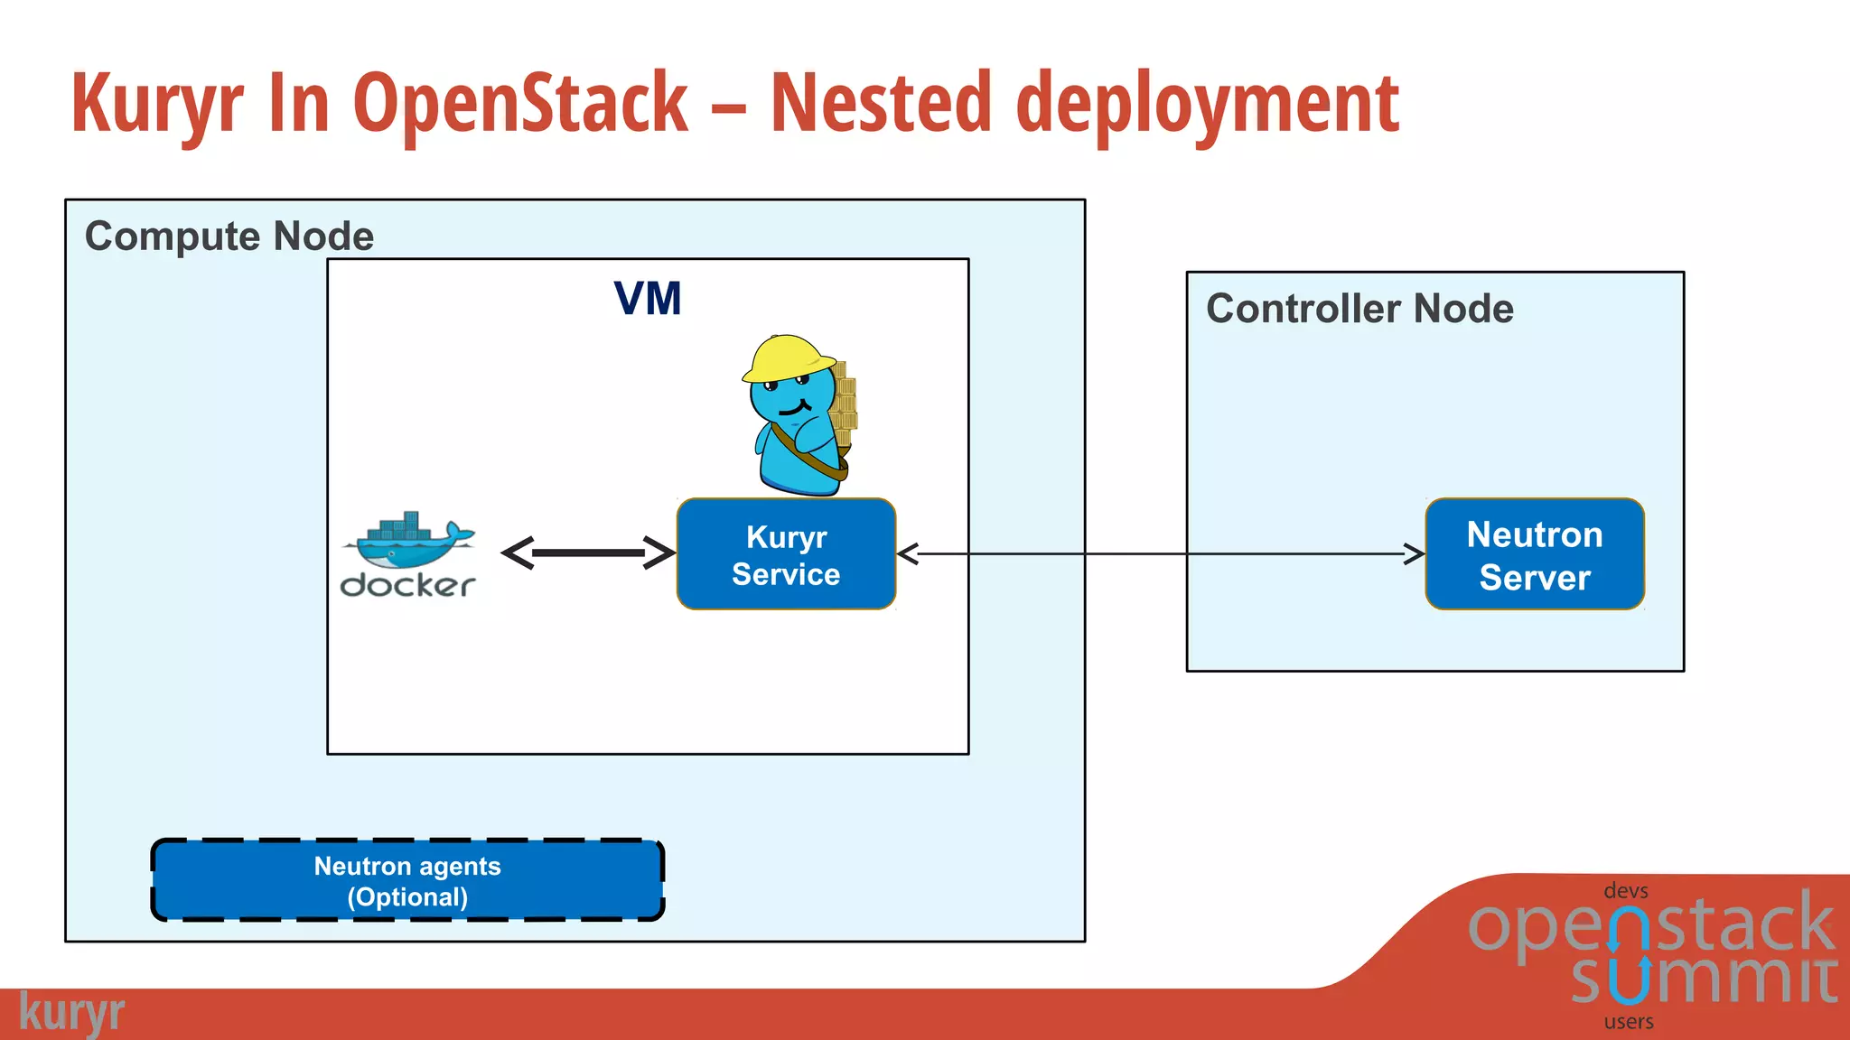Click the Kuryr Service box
click(786, 554)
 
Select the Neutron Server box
click(1534, 554)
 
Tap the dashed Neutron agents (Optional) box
click(407, 880)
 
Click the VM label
click(647, 299)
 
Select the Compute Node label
click(229, 237)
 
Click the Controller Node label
click(1359, 309)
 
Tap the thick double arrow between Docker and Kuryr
click(588, 552)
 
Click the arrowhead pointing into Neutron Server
click(1415, 553)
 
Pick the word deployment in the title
click(1207, 105)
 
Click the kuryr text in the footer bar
click(71, 1013)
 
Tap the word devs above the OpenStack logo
click(1626, 891)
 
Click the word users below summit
click(1629, 1022)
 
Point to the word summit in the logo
click(1704, 979)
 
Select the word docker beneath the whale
click(407, 585)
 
